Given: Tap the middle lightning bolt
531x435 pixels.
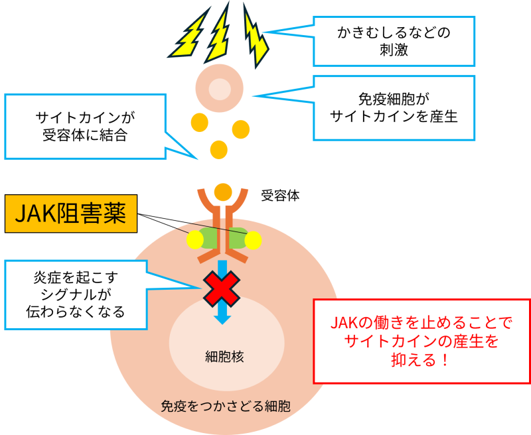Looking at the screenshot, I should [x=218, y=31].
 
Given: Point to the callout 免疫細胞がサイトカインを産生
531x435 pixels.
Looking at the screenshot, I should [x=394, y=107].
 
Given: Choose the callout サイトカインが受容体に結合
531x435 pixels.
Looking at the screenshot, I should [x=84, y=127].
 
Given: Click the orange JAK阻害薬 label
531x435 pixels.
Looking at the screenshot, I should [x=70, y=214].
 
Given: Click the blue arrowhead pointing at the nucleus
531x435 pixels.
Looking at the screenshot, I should [x=222, y=318].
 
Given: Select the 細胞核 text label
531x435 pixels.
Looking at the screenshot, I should [x=225, y=357].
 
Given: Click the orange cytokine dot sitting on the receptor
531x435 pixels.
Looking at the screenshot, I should [x=223, y=192].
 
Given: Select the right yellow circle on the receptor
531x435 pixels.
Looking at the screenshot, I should [x=252, y=240].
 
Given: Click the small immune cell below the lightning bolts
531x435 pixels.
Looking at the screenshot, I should [x=220, y=89].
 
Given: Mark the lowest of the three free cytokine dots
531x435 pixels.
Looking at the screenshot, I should [x=218, y=149].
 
